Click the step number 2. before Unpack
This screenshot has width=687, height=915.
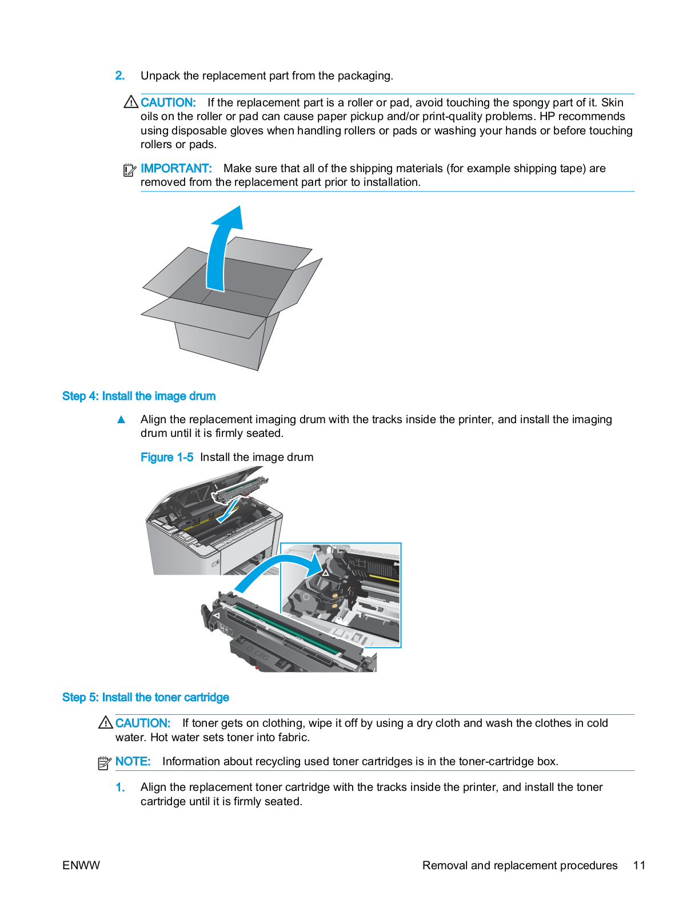click(x=119, y=75)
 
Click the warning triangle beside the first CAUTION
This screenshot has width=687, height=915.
click(x=131, y=102)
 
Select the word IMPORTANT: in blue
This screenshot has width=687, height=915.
click(x=176, y=168)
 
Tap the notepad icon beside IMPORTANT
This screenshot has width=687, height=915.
click(x=130, y=170)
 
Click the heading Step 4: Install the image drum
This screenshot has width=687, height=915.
click(x=139, y=396)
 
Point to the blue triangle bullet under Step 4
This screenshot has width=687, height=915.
click(x=121, y=420)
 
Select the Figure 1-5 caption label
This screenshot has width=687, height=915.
click(x=166, y=457)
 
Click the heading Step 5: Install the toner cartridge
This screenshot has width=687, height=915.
click(x=145, y=697)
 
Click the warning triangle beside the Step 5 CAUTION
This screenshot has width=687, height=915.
click(x=105, y=723)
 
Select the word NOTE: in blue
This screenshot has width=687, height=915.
click(x=133, y=761)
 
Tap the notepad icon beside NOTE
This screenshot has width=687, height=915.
click(x=104, y=762)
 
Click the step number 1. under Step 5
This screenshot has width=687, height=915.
click(x=120, y=787)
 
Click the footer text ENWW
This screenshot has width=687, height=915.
click(x=81, y=865)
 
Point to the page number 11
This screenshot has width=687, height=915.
click(x=639, y=865)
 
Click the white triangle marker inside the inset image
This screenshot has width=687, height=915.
click(x=325, y=572)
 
